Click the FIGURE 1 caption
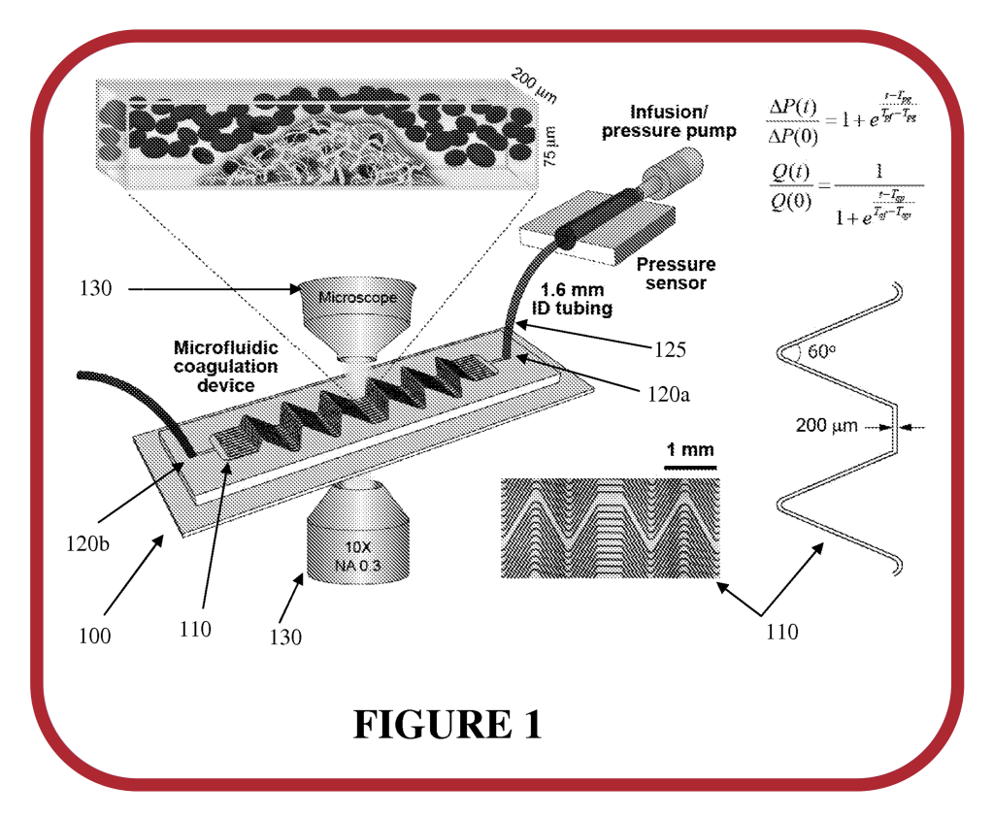pos(447,723)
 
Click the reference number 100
pos(94,637)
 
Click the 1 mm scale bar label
pos(689,449)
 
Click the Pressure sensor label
pos(676,273)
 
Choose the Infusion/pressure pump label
pos(669,121)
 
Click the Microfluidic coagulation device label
pos(225,366)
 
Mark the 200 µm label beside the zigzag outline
pos(827,425)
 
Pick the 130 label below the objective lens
pos(285,637)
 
